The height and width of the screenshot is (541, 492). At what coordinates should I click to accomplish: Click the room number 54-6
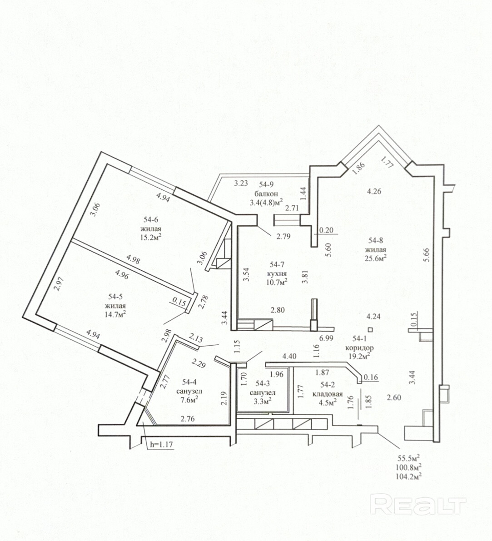[x=151, y=219]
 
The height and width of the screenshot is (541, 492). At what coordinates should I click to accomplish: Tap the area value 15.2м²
[x=151, y=237]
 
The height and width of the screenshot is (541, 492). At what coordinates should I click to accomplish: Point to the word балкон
[x=266, y=193]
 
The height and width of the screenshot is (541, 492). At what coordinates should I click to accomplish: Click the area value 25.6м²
[x=375, y=258]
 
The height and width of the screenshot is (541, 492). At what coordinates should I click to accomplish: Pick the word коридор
[x=359, y=348]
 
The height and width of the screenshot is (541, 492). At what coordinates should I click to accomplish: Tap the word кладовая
[x=328, y=394]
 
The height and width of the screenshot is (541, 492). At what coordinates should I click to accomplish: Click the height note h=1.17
[x=161, y=444]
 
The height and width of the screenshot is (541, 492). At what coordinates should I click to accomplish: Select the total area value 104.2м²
[x=409, y=477]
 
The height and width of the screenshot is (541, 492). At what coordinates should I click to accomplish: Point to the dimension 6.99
[x=326, y=338]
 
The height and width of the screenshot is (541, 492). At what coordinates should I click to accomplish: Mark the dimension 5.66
[x=427, y=255]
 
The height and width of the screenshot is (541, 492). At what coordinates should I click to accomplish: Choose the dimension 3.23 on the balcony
[x=241, y=183]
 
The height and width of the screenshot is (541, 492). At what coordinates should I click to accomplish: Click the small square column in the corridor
[x=370, y=329]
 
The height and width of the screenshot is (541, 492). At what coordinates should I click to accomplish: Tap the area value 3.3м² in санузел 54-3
[x=263, y=401]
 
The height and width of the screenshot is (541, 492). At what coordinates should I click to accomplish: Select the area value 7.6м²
[x=189, y=400]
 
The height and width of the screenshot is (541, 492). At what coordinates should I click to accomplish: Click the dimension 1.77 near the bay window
[x=388, y=162]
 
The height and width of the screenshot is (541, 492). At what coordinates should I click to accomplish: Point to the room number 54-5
[x=115, y=296]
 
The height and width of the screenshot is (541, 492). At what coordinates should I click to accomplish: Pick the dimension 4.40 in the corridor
[x=289, y=357]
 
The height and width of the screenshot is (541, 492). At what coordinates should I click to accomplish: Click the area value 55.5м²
[x=409, y=458]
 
